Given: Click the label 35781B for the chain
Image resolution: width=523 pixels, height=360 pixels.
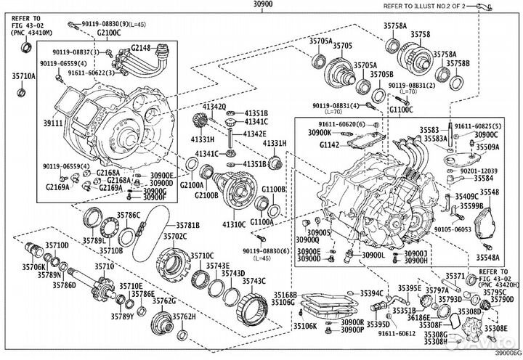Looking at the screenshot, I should (192, 225).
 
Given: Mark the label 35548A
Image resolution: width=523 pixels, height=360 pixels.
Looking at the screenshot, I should (488, 257).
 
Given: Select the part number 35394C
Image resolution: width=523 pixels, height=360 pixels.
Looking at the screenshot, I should (363, 292).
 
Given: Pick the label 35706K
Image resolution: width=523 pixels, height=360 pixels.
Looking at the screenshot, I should (33, 266).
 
